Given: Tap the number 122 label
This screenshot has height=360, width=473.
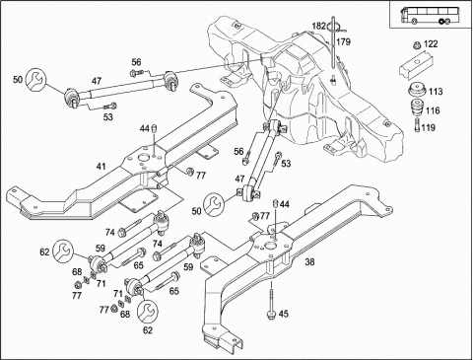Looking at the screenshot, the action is click(x=431, y=44).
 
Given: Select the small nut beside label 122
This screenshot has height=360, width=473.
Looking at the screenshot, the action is click(x=417, y=45).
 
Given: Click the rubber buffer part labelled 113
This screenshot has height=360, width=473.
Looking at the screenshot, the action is click(x=417, y=90).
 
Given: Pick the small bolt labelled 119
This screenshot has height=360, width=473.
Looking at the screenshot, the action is click(x=417, y=125).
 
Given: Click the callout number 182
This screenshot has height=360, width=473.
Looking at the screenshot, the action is click(x=318, y=26).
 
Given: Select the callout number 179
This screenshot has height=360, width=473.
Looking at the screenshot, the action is click(x=344, y=42).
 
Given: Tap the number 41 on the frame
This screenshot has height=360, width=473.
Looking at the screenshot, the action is click(x=101, y=167).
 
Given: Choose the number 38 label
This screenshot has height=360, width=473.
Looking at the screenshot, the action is click(x=309, y=261).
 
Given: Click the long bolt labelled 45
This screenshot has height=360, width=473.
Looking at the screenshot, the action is click(x=271, y=301).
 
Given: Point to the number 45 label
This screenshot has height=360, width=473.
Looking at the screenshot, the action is click(x=283, y=314).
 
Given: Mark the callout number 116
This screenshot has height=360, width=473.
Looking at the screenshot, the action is click(x=433, y=110).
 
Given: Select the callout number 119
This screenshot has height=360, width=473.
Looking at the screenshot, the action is click(x=428, y=127).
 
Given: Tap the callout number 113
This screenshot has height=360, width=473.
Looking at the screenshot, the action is click(x=436, y=91).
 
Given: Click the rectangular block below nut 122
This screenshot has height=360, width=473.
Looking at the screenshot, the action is click(x=417, y=65).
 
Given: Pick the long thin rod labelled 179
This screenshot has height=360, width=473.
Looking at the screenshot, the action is click(x=333, y=42).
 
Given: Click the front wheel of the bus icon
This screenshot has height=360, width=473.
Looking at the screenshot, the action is click(x=415, y=22).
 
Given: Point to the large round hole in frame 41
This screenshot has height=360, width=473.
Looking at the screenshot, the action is click(x=144, y=158).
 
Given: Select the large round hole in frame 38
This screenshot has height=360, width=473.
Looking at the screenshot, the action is click(x=271, y=246).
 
